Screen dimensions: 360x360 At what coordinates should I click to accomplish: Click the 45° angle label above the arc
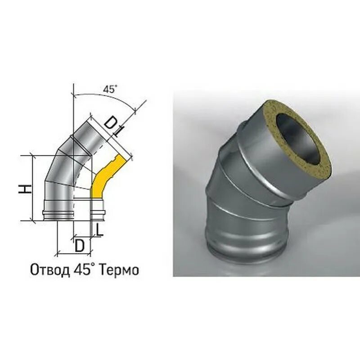[x=110, y=90]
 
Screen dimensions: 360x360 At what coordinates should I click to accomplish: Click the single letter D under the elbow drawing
[x=80, y=246]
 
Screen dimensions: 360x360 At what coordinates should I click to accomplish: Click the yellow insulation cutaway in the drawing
[x=103, y=178]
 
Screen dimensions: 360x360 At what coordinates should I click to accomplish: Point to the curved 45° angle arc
[x=103, y=96]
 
